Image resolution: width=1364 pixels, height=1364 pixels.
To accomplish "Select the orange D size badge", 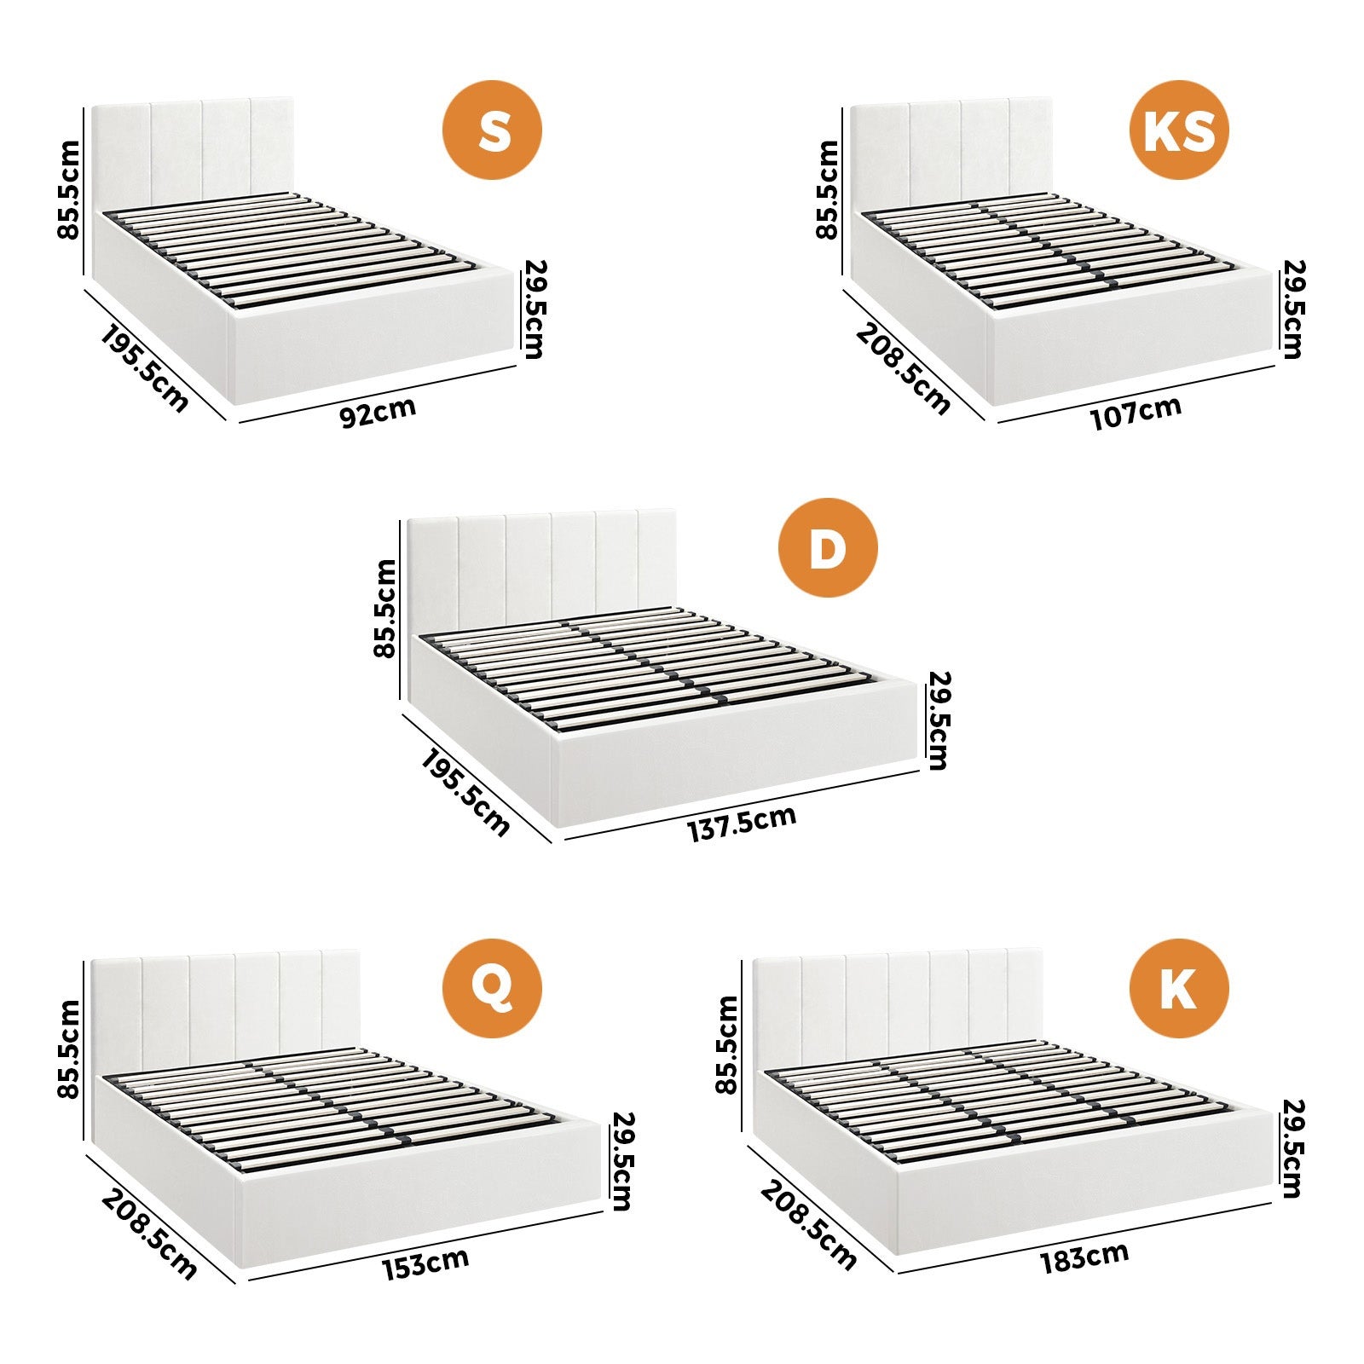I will coord(827,548).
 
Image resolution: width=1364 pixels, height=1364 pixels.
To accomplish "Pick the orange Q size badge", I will coord(492,987).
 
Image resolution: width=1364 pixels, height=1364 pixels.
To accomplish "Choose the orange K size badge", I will coord(1179,987).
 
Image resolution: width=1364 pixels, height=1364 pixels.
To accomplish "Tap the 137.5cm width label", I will coord(742,824).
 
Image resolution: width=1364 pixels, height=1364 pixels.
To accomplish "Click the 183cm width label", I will coord(1084,1258).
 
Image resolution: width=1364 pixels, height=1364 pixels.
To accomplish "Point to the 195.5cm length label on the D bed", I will coord(465,793).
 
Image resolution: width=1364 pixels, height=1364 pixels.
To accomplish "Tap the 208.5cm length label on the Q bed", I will coord(149,1233).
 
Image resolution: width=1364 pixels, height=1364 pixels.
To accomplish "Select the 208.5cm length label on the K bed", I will coord(807,1224).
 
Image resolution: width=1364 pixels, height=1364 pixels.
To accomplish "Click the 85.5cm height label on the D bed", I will coord(384,608).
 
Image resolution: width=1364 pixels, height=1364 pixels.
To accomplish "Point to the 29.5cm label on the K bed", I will coord(1292,1148).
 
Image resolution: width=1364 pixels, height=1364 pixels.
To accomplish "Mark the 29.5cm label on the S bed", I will coord(534,309).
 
